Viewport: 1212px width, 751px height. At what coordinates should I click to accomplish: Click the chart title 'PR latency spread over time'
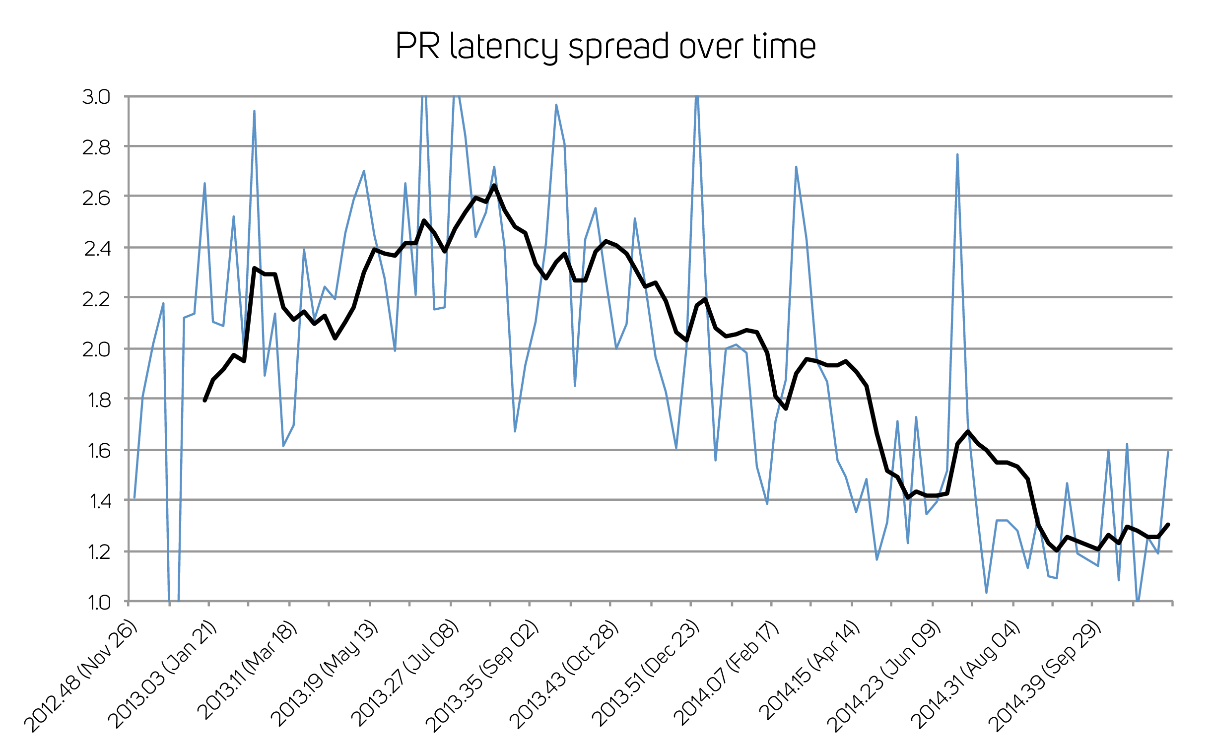(x=605, y=46)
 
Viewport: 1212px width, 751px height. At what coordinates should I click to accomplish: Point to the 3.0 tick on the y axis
(x=96, y=97)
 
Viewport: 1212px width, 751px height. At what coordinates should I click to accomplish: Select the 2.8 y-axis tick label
(x=96, y=147)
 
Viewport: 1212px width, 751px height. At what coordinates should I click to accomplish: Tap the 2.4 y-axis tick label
(x=97, y=249)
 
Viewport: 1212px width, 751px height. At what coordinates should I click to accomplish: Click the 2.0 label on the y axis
(x=96, y=349)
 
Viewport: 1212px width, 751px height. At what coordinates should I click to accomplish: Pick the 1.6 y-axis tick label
(x=98, y=451)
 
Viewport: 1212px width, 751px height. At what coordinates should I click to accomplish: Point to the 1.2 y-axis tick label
(x=98, y=552)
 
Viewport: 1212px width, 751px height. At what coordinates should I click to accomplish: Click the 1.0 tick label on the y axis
(x=98, y=603)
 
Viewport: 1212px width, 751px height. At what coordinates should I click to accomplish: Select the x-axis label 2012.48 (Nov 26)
(x=80, y=676)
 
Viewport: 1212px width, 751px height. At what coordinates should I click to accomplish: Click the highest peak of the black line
(x=494, y=186)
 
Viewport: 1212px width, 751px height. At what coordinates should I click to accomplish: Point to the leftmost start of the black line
(x=204, y=401)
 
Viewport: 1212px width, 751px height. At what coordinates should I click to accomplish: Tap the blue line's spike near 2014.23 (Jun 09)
(x=957, y=155)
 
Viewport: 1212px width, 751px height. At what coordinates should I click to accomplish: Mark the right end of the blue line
(x=1168, y=451)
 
